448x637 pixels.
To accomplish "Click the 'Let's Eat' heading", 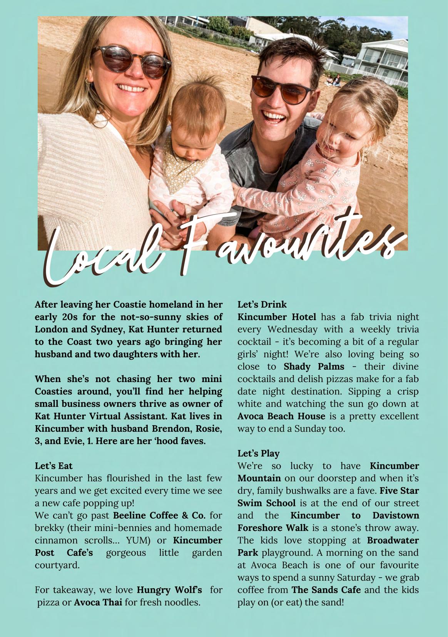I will click(x=53, y=466).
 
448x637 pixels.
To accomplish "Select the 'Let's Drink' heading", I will click(x=262, y=304).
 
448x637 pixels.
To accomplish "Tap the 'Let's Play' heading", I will click(x=258, y=453).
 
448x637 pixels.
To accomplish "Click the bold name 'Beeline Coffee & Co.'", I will click(x=159, y=515).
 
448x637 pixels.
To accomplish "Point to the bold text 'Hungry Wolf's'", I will click(x=169, y=590).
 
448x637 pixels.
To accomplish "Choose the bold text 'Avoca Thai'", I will click(x=98, y=602).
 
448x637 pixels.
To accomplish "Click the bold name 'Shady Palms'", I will click(x=314, y=366).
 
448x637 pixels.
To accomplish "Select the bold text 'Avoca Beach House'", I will click(x=281, y=416).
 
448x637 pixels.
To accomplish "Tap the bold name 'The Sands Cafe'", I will click(x=326, y=590).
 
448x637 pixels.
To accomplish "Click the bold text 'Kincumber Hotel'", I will click(x=276, y=317).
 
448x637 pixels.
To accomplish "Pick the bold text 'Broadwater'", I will click(x=393, y=540).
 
